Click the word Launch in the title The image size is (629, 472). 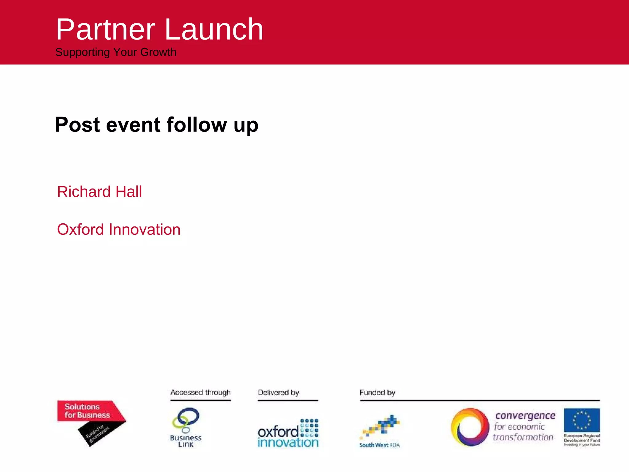tap(214, 29)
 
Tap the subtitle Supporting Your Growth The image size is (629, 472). tap(116, 52)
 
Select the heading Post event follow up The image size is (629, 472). tap(157, 125)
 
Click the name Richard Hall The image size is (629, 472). tap(100, 192)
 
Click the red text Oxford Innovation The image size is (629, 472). tap(119, 230)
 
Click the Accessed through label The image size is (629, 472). tap(200, 392)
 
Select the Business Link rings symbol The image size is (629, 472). tap(186, 419)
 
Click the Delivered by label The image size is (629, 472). tap(278, 392)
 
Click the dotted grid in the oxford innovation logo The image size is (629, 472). tap(309, 428)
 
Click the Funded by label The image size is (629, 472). tap(377, 392)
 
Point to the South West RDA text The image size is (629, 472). tap(379, 445)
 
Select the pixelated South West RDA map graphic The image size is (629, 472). tap(381, 426)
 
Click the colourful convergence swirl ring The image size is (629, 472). tap(470, 427)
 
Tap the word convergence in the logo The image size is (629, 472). tap(525, 416)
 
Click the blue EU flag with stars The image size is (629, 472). tap(582, 420)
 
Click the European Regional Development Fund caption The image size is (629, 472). tap(582, 439)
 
